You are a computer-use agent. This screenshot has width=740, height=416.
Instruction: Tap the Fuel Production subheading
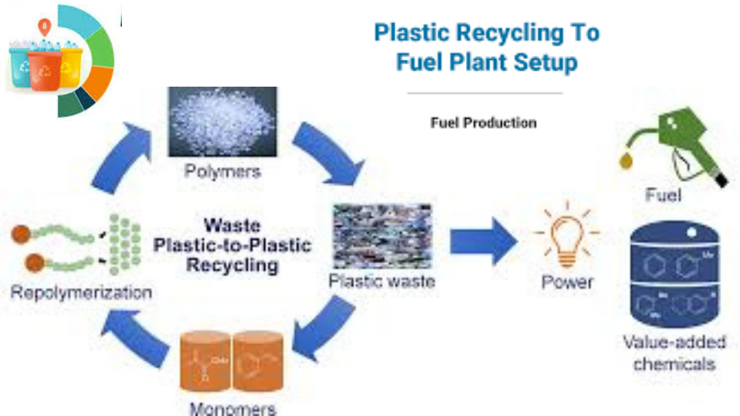click(x=483, y=123)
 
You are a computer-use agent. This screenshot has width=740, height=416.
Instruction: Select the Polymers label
click(x=222, y=172)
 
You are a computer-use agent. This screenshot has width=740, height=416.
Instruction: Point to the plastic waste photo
click(x=382, y=236)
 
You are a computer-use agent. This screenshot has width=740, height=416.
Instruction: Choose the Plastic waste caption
click(x=382, y=282)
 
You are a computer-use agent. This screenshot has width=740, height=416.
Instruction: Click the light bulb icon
click(x=566, y=236)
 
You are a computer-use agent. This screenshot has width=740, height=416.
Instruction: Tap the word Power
click(x=567, y=282)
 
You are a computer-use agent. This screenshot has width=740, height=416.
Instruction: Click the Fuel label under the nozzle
click(x=663, y=195)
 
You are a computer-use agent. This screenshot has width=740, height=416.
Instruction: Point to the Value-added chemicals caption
click(x=674, y=353)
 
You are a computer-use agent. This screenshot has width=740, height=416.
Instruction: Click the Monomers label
click(x=232, y=408)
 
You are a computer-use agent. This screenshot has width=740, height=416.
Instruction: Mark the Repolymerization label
click(x=81, y=293)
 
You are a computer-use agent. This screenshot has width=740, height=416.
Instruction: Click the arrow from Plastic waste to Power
click(x=482, y=241)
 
